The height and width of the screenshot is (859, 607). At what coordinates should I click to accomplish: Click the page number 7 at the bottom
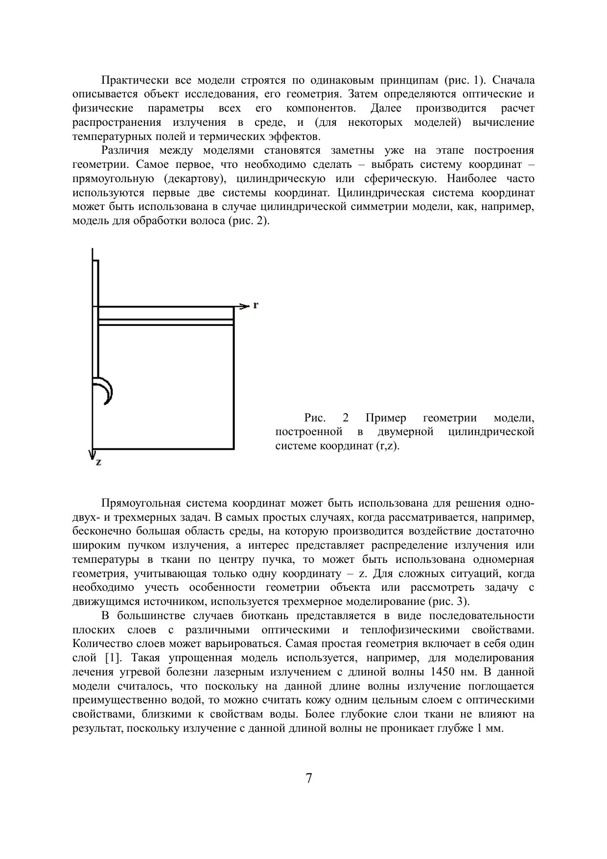(308, 778)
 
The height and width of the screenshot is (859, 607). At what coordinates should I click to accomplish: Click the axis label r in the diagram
(256, 305)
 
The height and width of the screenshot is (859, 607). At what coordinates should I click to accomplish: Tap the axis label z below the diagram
(99, 462)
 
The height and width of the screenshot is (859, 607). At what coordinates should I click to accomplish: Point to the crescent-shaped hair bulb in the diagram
(105, 391)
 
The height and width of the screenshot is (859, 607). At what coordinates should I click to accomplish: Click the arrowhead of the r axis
(245, 306)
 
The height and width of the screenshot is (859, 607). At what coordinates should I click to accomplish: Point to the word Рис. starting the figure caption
(315, 418)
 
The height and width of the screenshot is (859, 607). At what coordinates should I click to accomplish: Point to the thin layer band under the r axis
(165, 322)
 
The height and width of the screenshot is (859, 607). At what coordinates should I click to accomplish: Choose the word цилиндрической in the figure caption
(491, 432)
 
